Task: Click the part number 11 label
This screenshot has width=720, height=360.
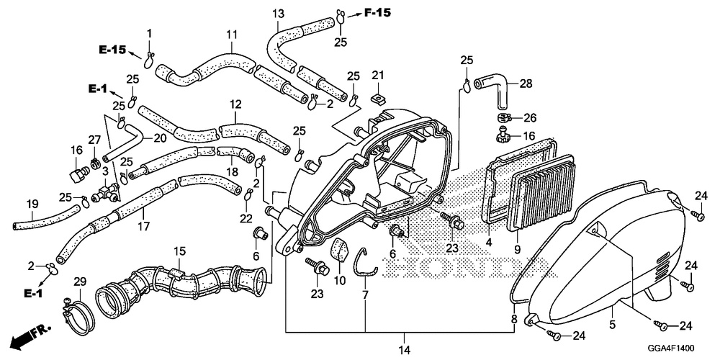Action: (x=231, y=35)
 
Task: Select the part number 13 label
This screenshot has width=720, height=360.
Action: (x=279, y=14)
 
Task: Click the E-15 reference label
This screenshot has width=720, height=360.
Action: (x=112, y=50)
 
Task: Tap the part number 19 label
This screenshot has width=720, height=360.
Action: (x=32, y=204)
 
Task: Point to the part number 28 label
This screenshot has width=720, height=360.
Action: (x=525, y=84)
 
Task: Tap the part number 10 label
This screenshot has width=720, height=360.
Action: (x=340, y=280)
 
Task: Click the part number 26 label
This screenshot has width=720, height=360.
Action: (x=530, y=117)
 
